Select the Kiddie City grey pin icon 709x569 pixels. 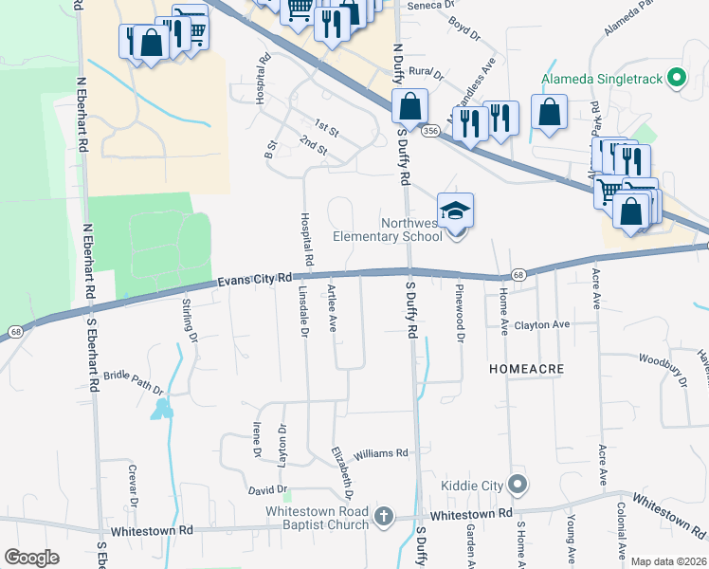tap(517, 486)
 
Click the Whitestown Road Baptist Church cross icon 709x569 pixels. tap(383, 517)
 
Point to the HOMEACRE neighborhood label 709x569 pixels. tap(527, 367)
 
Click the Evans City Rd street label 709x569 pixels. tap(254, 280)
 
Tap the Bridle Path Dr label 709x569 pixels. tap(134, 383)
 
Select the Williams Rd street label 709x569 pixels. tap(380, 454)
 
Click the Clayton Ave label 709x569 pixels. tap(541, 324)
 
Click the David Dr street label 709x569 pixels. tap(267, 490)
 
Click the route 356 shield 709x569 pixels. tap(431, 131)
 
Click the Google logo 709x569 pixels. tap(31, 558)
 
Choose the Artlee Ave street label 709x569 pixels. tap(333, 308)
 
